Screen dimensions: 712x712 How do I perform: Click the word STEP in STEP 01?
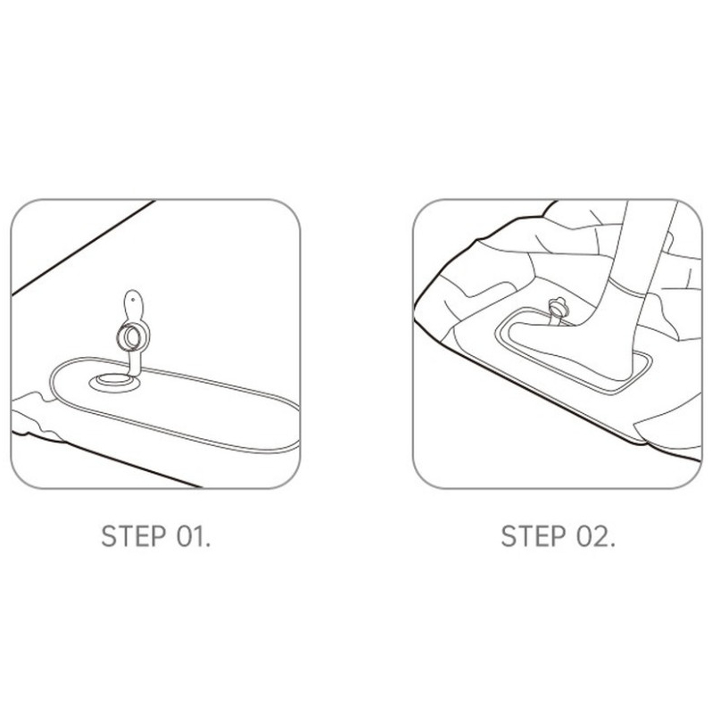pyautogui.click(x=134, y=536)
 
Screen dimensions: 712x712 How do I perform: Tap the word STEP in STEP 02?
pyautogui.click(x=534, y=536)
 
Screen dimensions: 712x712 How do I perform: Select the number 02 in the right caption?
pyautogui.click(x=592, y=536)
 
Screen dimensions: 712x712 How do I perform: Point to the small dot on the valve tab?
pyautogui.click(x=133, y=300)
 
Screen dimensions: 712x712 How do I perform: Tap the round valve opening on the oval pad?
pyautogui.click(x=114, y=380)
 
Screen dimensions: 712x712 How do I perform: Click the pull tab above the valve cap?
pyautogui.click(x=134, y=306)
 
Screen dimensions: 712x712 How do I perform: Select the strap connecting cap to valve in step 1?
pyautogui.click(x=135, y=364)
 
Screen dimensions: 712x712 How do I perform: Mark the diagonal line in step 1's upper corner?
pyautogui.click(x=84, y=247)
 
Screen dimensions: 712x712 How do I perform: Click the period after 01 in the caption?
pyautogui.click(x=208, y=545)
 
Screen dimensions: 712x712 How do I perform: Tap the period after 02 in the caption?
pyautogui.click(x=612, y=545)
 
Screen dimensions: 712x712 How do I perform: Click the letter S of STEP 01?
pyautogui.click(x=108, y=536)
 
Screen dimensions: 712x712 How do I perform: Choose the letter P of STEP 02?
pyautogui.click(x=559, y=536)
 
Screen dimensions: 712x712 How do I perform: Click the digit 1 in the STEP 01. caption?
pyautogui.click(x=197, y=536)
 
